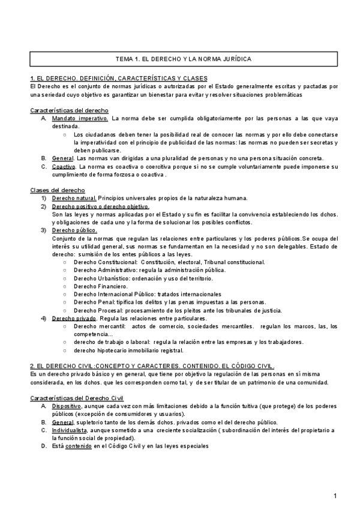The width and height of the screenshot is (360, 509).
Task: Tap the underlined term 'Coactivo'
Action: click(x=63, y=166)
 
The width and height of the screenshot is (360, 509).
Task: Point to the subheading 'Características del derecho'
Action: click(x=69, y=110)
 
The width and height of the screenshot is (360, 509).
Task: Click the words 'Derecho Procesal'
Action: click(x=97, y=310)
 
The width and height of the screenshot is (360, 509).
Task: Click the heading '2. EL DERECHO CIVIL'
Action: click(x=67, y=366)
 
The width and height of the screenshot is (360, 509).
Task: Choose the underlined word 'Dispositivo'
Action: click(x=66, y=406)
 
